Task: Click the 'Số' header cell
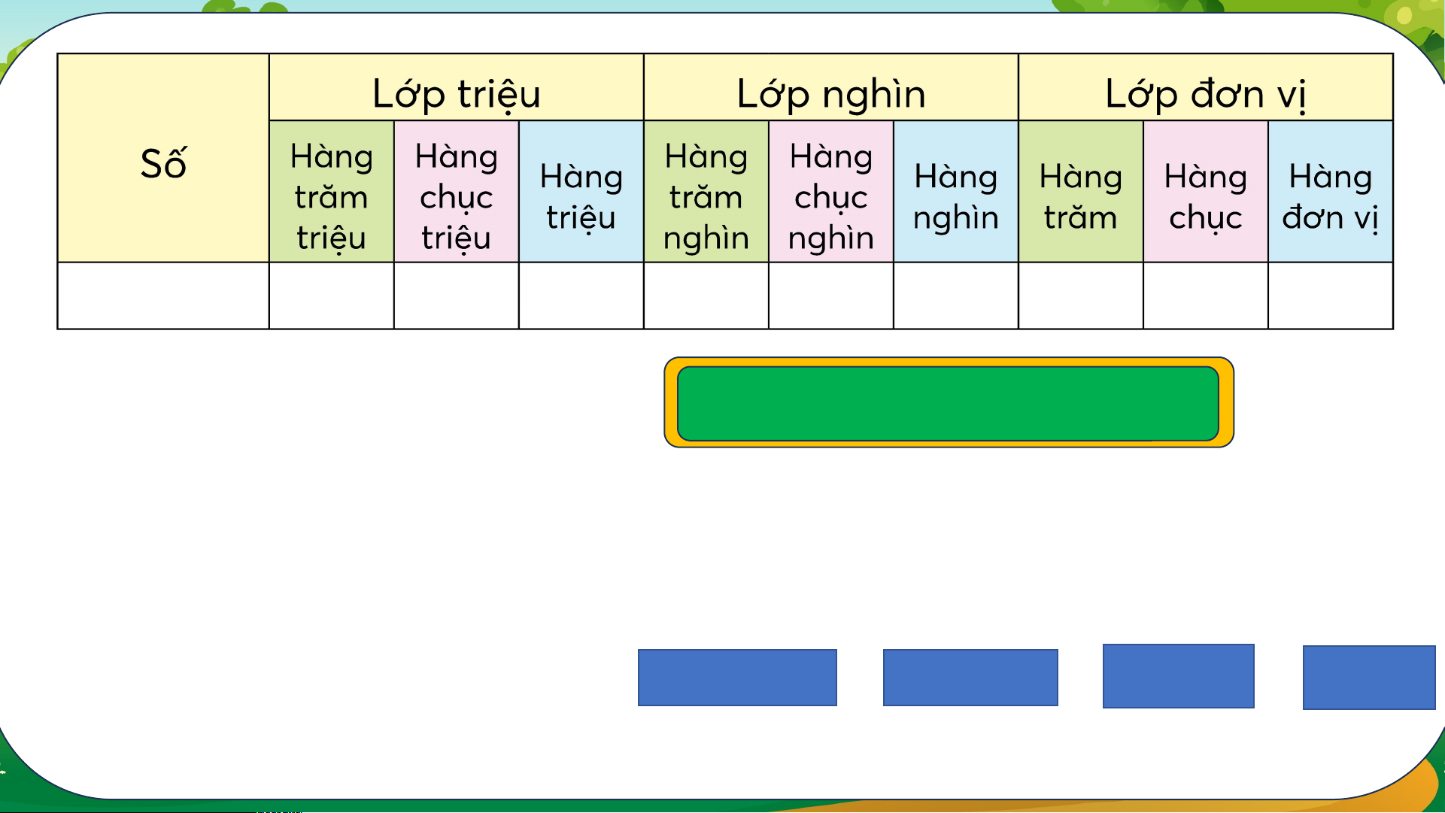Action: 163,158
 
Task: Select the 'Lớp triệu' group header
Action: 457,87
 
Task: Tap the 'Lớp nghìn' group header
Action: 831,87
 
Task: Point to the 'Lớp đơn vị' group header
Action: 1206,87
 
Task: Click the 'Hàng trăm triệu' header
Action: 332,192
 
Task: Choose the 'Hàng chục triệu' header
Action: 457,192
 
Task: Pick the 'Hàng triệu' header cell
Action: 581,192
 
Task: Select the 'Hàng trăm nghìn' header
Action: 706,192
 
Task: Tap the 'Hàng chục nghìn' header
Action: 831,192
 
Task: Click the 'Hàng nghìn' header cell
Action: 956,192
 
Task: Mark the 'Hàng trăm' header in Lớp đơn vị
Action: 1081,192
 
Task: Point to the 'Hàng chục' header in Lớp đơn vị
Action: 1206,192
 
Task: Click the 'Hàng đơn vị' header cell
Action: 1331,192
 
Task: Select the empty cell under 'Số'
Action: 163,296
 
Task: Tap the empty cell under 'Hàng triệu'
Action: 581,296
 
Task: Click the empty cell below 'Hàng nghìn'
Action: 956,296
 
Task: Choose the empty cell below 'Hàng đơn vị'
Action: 1331,296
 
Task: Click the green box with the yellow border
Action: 949,402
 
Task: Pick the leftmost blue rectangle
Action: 737,678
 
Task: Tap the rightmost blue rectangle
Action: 1369,678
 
